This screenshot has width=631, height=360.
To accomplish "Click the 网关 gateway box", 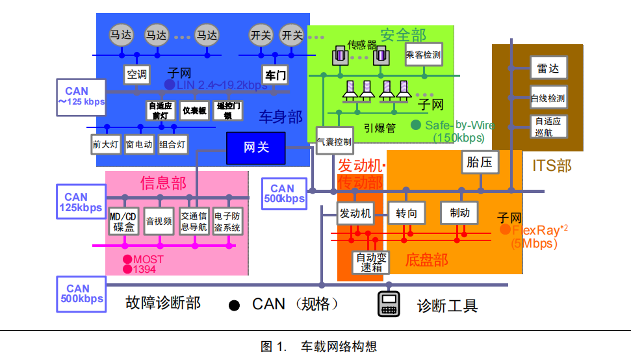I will tap(256, 148).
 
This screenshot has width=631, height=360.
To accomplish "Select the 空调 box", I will tap(137, 74).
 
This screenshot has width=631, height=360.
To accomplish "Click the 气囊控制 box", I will tap(335, 141).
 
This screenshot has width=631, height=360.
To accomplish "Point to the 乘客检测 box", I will tap(423, 55).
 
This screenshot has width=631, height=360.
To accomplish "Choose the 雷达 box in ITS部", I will tap(548, 68).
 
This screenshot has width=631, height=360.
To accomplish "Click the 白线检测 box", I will tap(548, 99).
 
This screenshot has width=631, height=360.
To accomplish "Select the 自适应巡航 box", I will tap(548, 127).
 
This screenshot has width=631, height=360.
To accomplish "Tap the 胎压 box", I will tap(479, 163).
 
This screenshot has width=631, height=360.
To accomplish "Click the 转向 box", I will tap(407, 212).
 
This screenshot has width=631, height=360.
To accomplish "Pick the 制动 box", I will tap(459, 212).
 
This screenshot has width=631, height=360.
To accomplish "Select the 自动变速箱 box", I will tap(371, 263).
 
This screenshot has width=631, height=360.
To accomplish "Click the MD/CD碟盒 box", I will tap(123, 222).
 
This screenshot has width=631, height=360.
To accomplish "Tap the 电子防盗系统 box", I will tap(227, 222).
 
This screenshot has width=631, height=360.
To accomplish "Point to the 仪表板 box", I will tap(194, 111).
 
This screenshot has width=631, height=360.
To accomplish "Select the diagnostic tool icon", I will tap(389, 304).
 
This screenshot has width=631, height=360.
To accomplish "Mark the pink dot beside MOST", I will tap(127, 259).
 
